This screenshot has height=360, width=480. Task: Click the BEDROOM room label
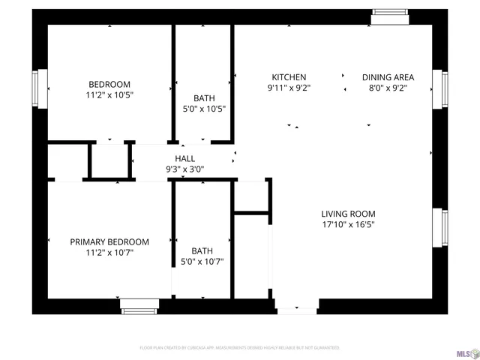pos(109,84)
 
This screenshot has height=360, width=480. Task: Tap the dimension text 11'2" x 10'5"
pos(109,95)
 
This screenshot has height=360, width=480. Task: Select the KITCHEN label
pos(289,77)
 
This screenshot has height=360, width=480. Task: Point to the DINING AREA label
pos(388,77)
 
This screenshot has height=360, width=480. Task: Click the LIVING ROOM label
pos(349,214)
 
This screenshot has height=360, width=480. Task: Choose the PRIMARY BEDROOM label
pos(109,242)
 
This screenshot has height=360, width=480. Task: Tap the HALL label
pos(184,158)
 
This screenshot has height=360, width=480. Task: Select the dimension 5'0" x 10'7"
pos(202,262)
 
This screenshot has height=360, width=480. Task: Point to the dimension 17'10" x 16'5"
pos(349,224)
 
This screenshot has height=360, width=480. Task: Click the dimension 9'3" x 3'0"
pos(184,169)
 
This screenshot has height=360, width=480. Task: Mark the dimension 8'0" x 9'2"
pos(388,88)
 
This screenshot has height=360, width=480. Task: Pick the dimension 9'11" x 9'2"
pos(289,88)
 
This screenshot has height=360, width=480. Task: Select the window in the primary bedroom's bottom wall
pos(139,305)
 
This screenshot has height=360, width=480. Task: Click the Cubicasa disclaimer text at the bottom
pos(240,348)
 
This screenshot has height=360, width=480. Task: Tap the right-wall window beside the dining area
pos(445,88)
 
